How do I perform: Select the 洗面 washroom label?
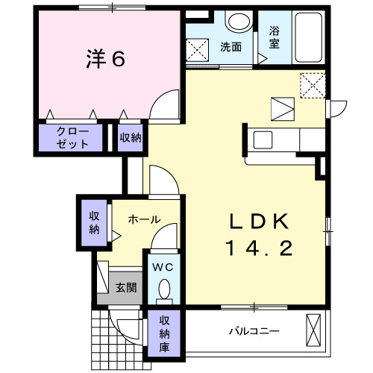point(231,46)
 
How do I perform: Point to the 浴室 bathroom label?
point(275,38)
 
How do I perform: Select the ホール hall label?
point(142,219)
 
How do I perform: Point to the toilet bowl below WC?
point(163,289)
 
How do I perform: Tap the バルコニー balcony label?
point(254,330)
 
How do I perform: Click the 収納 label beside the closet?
point(130,137)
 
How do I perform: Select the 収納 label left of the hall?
point(95,222)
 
